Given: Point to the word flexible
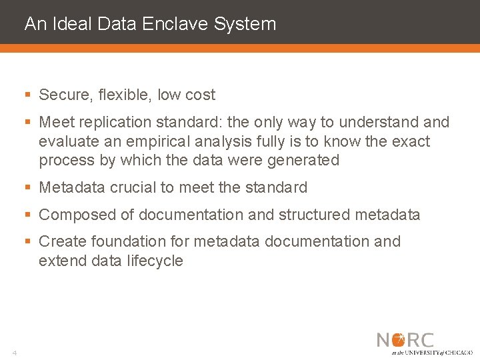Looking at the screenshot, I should tap(125, 95).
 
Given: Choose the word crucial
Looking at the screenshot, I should tap(133, 187).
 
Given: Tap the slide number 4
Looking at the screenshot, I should tap(13, 352).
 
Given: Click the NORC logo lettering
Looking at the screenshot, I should tap(405, 340).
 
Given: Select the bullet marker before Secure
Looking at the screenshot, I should tap(28, 95).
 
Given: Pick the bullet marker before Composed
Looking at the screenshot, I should tap(28, 215).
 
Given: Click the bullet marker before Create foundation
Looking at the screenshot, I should tap(28, 242).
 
